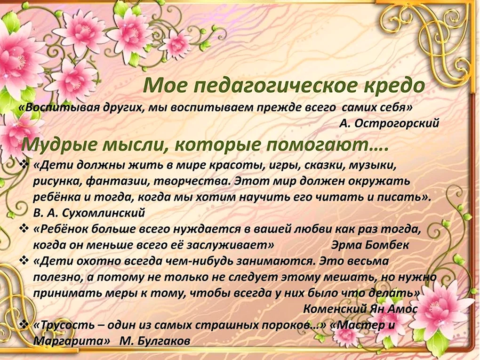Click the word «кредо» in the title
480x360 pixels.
point(395,86)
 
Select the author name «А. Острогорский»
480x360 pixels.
point(389,123)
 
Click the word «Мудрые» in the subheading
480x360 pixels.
point(58,145)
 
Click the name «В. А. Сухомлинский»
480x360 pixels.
point(89,213)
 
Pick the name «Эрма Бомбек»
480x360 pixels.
point(370,245)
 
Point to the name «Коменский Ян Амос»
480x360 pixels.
point(360,309)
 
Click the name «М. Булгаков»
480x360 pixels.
point(155,341)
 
